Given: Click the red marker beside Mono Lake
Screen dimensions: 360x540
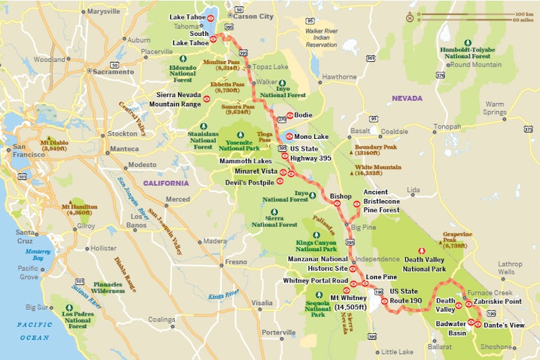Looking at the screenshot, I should [x=289, y=137].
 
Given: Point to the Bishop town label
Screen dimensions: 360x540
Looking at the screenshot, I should [x=340, y=196].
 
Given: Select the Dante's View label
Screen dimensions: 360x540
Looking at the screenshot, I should [x=504, y=324].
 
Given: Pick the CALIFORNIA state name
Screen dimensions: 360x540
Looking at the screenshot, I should [x=166, y=183].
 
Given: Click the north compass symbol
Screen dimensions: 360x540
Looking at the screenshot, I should [x=410, y=18].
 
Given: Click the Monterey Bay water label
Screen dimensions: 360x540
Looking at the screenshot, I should [x=38, y=254].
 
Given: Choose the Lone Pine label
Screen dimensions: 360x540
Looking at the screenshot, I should [x=382, y=277].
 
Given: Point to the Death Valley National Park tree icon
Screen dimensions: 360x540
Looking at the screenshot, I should [x=421, y=251].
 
